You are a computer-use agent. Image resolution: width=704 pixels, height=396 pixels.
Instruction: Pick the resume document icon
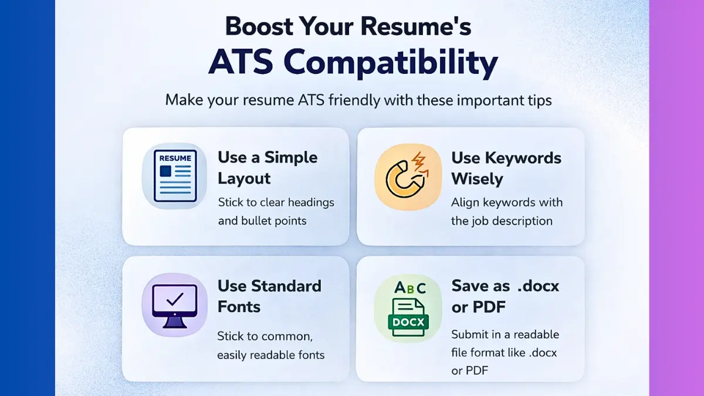click(175, 176)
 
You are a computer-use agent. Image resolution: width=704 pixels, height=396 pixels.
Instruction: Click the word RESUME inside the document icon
click(175, 158)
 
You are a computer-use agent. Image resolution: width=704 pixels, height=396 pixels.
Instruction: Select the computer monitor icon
click(174, 304)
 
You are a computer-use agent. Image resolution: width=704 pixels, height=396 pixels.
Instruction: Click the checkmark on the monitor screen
click(174, 300)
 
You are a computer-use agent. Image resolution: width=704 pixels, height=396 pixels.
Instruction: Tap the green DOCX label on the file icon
click(408, 322)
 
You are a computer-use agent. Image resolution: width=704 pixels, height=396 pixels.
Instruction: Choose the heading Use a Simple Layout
click(268, 168)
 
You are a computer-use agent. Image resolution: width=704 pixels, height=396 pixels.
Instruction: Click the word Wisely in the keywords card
click(477, 178)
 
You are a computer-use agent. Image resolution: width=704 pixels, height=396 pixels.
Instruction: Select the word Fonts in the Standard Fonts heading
click(239, 306)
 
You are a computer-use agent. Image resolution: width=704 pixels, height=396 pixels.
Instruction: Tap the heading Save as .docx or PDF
click(505, 296)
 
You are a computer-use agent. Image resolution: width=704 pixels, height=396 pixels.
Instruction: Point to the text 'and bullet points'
click(262, 221)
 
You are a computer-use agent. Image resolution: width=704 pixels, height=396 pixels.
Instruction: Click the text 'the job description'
click(502, 221)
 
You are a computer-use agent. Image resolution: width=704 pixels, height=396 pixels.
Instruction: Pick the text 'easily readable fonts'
click(270, 355)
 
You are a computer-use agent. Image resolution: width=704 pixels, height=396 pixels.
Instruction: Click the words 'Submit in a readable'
click(505, 334)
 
